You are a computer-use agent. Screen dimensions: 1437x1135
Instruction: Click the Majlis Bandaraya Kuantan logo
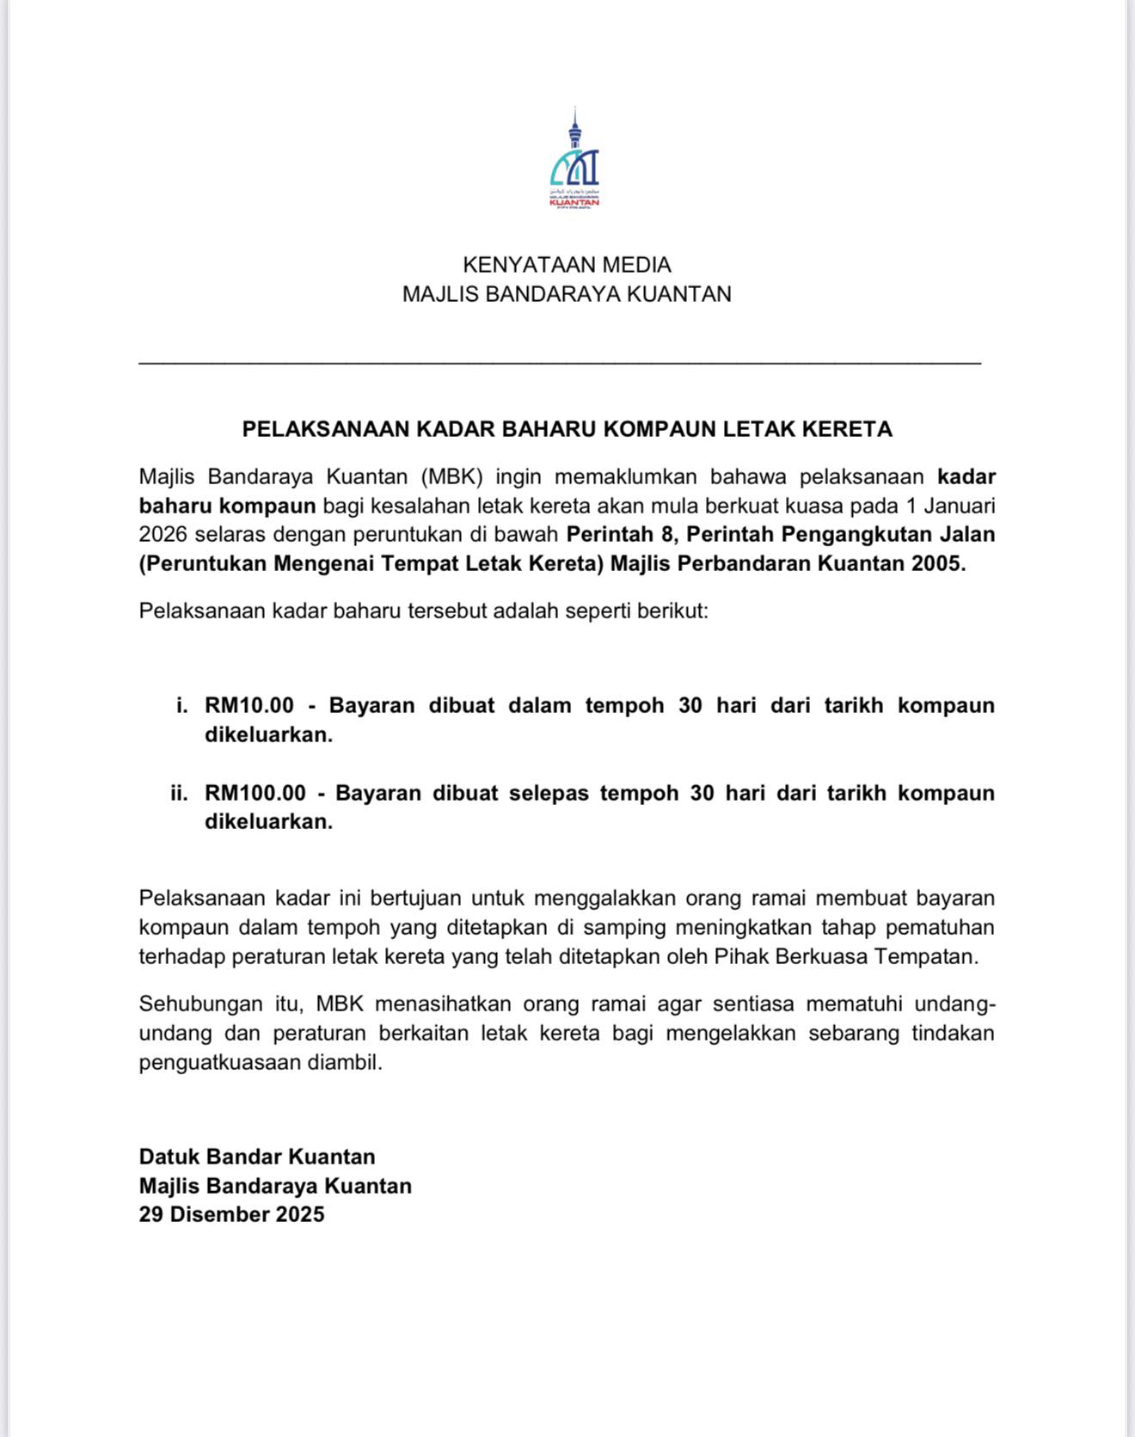(574, 159)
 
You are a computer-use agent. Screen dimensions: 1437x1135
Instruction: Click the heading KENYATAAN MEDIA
(567, 265)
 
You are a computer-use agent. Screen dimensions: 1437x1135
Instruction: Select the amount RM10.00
(248, 706)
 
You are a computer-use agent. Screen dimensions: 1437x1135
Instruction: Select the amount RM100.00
(255, 793)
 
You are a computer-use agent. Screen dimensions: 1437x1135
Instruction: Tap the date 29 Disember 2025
(231, 1214)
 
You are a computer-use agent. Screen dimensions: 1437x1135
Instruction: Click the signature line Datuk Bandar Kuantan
(257, 1157)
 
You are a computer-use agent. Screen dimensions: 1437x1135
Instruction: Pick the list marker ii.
(179, 793)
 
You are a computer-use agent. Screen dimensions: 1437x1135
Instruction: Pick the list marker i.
(181, 706)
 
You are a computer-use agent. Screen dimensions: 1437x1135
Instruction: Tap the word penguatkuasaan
(220, 1062)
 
